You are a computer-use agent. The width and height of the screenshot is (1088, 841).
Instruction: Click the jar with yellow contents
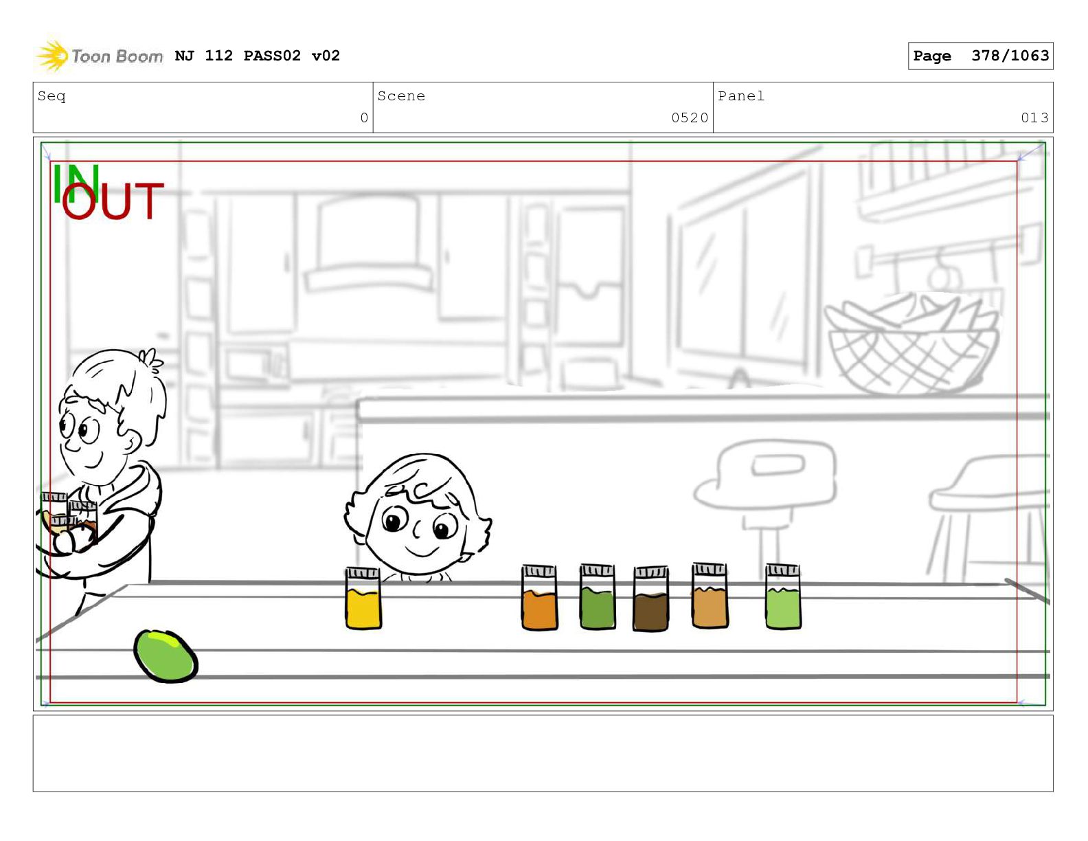pos(363,598)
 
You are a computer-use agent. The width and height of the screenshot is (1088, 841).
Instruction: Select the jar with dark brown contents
pos(650,598)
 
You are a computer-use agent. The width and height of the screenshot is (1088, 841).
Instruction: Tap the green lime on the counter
pos(166,655)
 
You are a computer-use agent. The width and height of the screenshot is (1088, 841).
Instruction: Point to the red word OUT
pos(113,201)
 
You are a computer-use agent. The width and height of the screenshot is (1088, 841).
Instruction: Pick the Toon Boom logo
pos(99,56)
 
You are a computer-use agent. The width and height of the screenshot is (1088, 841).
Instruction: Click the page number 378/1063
pos(1010,56)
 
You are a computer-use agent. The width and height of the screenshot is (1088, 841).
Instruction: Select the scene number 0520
pos(690,117)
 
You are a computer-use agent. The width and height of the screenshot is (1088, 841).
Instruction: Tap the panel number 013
pos(1034,117)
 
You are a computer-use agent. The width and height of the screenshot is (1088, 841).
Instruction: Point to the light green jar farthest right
pos(783,596)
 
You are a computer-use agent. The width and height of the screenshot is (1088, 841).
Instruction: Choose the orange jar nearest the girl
pos(539,597)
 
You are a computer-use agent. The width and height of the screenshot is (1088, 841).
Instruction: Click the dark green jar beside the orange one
pos(598,596)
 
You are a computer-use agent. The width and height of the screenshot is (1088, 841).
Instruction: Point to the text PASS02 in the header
pos(272,56)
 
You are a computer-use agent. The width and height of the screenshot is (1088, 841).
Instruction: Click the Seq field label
pos(52,96)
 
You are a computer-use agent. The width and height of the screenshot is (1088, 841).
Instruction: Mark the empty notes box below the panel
pos(543,753)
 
